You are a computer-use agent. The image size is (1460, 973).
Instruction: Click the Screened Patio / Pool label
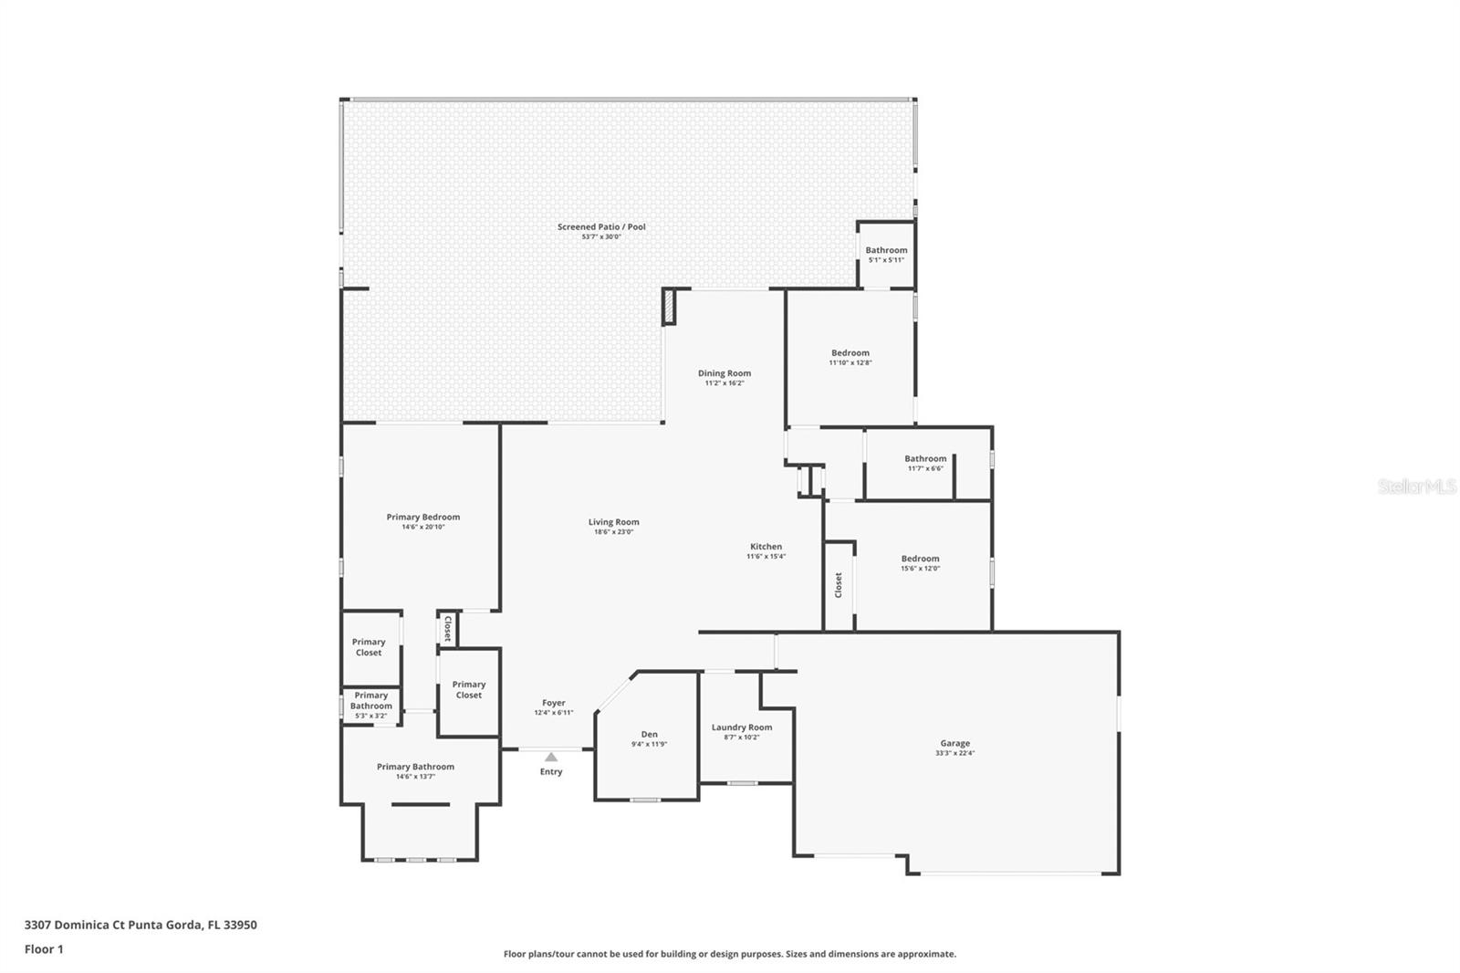(x=601, y=226)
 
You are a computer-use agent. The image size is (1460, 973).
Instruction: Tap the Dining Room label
(x=725, y=372)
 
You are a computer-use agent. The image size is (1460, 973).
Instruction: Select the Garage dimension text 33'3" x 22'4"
(x=955, y=753)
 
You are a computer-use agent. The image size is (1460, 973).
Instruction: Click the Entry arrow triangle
(x=551, y=757)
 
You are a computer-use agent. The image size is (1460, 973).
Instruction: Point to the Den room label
(x=649, y=734)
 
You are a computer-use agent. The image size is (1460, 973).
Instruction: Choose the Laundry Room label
(x=742, y=727)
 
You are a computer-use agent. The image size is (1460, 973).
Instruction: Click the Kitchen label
(x=766, y=547)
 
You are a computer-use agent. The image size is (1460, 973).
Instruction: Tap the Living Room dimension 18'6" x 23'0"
(x=613, y=531)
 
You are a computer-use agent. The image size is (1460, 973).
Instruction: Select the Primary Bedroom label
(x=422, y=517)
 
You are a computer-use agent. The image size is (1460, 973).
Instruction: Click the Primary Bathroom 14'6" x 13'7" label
(x=415, y=767)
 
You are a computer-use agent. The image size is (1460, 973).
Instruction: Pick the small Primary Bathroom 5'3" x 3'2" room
(x=370, y=705)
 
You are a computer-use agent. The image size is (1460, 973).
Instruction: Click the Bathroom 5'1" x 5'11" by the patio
(x=886, y=254)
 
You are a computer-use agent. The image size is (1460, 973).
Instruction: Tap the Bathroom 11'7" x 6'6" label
(x=925, y=459)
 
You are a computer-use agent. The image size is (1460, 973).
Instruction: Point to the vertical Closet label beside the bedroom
(x=839, y=585)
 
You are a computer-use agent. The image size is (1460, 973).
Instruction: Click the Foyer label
(x=553, y=703)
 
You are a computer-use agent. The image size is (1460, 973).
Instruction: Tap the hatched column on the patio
(x=670, y=307)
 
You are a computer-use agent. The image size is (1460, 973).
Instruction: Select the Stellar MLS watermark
(x=1416, y=487)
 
